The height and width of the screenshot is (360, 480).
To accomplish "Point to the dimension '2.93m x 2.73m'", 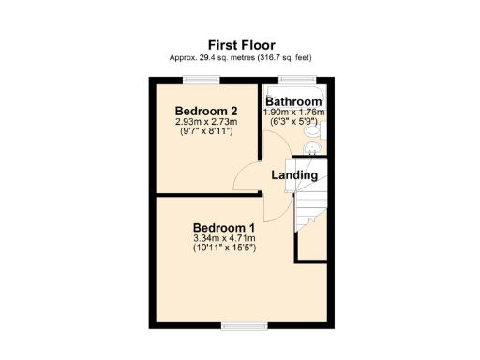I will click(204, 122).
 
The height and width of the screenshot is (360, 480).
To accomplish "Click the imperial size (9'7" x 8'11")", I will click(204, 132).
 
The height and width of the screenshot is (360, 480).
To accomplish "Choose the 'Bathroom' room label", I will click(294, 101).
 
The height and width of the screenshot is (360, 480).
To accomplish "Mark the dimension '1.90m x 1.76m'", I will click(294, 112).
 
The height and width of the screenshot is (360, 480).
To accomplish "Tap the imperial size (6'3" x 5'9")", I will click(294, 121).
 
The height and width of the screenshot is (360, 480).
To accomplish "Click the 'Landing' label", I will click(294, 175).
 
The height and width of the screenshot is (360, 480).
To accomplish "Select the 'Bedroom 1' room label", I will click(224, 228).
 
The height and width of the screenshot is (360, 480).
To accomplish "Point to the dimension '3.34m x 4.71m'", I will click(224, 239).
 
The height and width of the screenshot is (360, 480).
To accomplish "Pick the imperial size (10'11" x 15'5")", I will click(224, 249).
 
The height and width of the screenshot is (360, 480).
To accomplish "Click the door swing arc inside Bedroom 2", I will click(246, 176).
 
